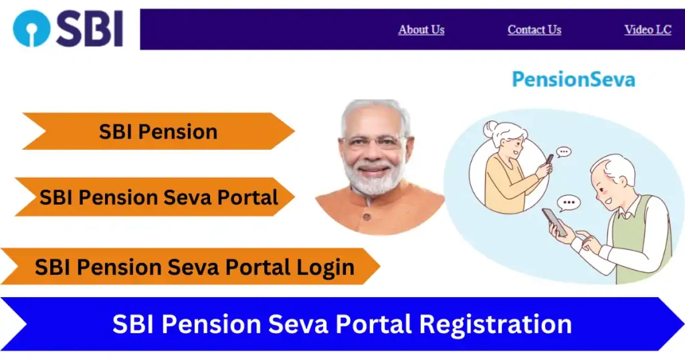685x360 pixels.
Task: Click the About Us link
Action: [x=421, y=30]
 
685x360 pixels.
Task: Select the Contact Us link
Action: [x=534, y=30]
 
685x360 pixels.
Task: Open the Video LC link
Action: [x=647, y=30]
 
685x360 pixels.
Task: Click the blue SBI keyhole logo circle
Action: [x=31, y=28]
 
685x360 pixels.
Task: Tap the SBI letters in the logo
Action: [x=90, y=29]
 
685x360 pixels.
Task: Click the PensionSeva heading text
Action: [x=573, y=80]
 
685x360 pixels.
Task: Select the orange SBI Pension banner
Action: [x=159, y=132]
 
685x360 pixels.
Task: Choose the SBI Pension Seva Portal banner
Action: [x=159, y=197]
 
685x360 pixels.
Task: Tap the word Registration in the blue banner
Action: [x=495, y=325]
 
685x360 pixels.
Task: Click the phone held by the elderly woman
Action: [x=549, y=159]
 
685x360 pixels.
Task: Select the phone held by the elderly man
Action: [x=555, y=221]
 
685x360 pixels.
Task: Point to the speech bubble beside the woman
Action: [x=564, y=152]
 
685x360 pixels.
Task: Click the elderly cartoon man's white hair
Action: [x=619, y=168]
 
